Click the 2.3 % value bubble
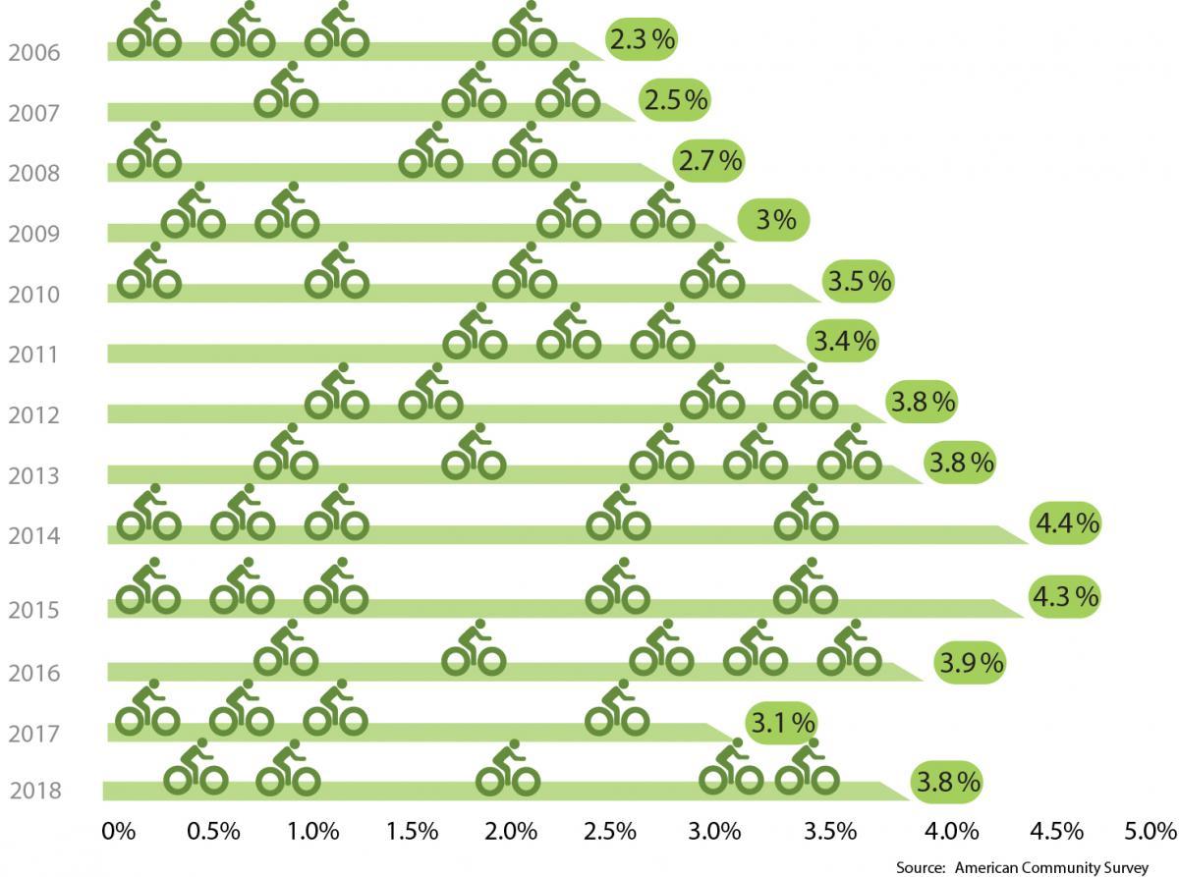pyautogui.click(x=643, y=40)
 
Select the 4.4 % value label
pyautogui.click(x=1066, y=522)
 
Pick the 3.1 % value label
pyautogui.click(x=783, y=724)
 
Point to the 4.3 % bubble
pyautogui.click(x=1065, y=596)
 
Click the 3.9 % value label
pyautogui.click(x=971, y=662)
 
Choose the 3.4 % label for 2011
pyautogui.click(x=842, y=341)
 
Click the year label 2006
pyautogui.click(x=34, y=52)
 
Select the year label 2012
pyautogui.click(x=34, y=415)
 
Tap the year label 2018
pyautogui.click(x=34, y=792)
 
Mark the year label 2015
pyautogui.click(x=34, y=610)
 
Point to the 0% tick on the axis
pyautogui.click(x=118, y=831)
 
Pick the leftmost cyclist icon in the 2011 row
pyautogui.click(x=475, y=332)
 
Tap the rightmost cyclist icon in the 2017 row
pyautogui.click(x=617, y=709)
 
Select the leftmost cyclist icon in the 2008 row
pyautogui.click(x=148, y=151)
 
